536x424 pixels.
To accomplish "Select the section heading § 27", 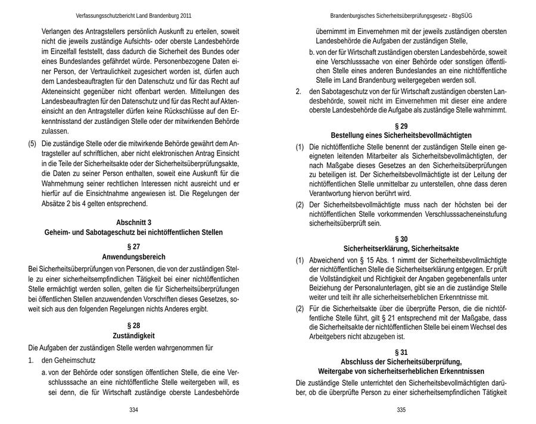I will (x=133, y=247).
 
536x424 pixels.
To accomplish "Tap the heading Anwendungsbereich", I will (x=133, y=257).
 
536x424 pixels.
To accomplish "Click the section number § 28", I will (x=133, y=325).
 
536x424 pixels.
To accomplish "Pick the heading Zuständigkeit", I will (x=133, y=336).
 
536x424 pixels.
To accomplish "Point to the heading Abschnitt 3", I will (x=133, y=222).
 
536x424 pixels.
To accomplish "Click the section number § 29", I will (x=401, y=126).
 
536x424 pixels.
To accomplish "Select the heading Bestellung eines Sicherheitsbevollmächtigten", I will (x=401, y=136).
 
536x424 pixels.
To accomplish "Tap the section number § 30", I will (x=401, y=238).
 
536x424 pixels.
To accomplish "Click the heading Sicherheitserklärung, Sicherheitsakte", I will (x=401, y=248).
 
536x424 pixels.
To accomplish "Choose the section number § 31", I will (x=401, y=351).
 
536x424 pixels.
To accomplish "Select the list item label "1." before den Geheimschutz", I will (x=32, y=360).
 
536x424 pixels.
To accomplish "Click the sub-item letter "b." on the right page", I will (x=313, y=54).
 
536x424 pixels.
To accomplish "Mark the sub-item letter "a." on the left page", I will (x=45, y=372).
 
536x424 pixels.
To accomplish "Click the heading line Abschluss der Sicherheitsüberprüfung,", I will (x=401, y=361).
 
